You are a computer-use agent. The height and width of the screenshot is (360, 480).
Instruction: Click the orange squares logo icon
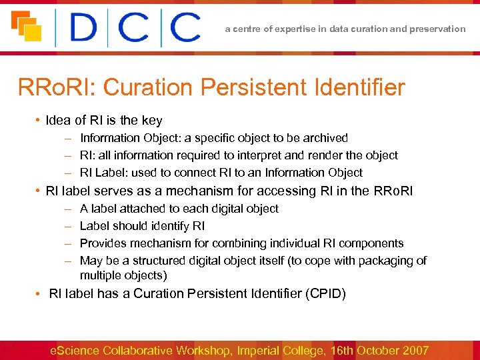25,26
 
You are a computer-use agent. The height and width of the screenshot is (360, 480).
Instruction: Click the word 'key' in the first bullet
152,121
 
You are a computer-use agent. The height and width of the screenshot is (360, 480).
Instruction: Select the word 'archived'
325,138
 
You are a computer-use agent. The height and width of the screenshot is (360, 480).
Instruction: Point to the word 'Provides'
101,243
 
